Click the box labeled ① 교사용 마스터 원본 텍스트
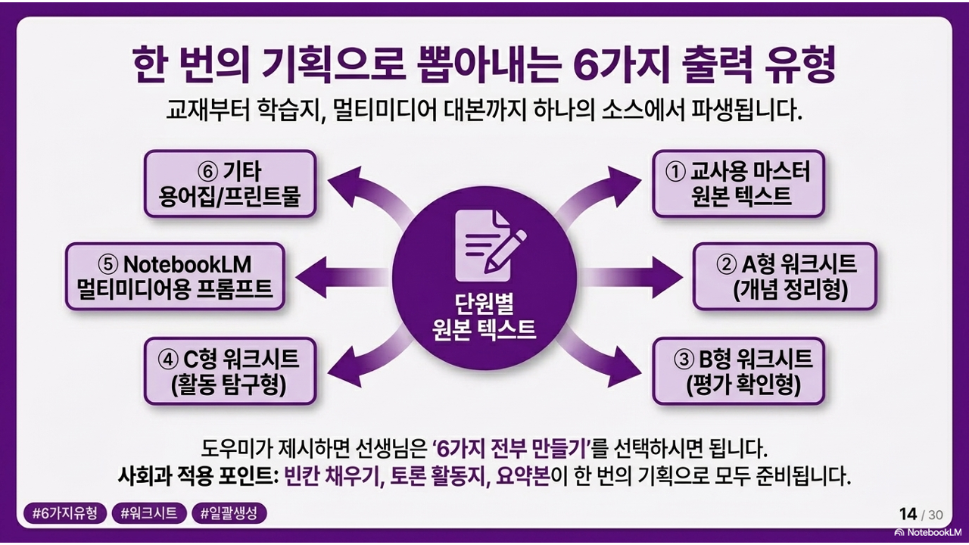738,184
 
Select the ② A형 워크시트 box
784,276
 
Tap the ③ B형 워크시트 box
738,371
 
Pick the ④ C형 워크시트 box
229,371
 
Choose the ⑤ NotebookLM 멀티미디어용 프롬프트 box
175,276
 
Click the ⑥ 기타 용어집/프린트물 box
229,184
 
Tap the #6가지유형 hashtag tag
65,513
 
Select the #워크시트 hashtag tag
149,513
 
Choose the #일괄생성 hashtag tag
229,513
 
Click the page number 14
908,515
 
